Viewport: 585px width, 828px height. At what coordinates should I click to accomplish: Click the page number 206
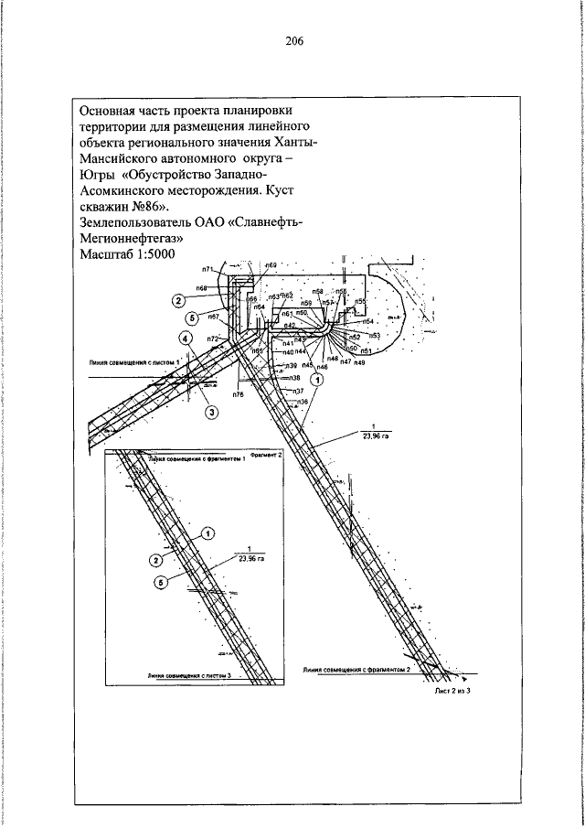(293, 41)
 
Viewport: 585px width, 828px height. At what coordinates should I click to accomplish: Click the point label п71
(208, 269)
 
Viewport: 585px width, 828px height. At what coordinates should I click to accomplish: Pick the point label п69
(271, 265)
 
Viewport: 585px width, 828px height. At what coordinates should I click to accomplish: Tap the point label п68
(201, 287)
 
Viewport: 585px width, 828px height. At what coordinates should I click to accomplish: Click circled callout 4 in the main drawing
(186, 339)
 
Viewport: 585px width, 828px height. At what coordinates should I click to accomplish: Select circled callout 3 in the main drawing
(212, 412)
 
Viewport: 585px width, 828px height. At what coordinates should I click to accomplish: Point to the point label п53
(375, 337)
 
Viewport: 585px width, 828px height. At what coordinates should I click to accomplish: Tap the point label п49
(359, 363)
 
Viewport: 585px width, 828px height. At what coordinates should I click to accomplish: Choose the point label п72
(212, 339)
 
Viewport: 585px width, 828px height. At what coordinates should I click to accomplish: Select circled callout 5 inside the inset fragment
(161, 583)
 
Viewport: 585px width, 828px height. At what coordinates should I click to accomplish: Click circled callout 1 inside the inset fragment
(207, 533)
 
